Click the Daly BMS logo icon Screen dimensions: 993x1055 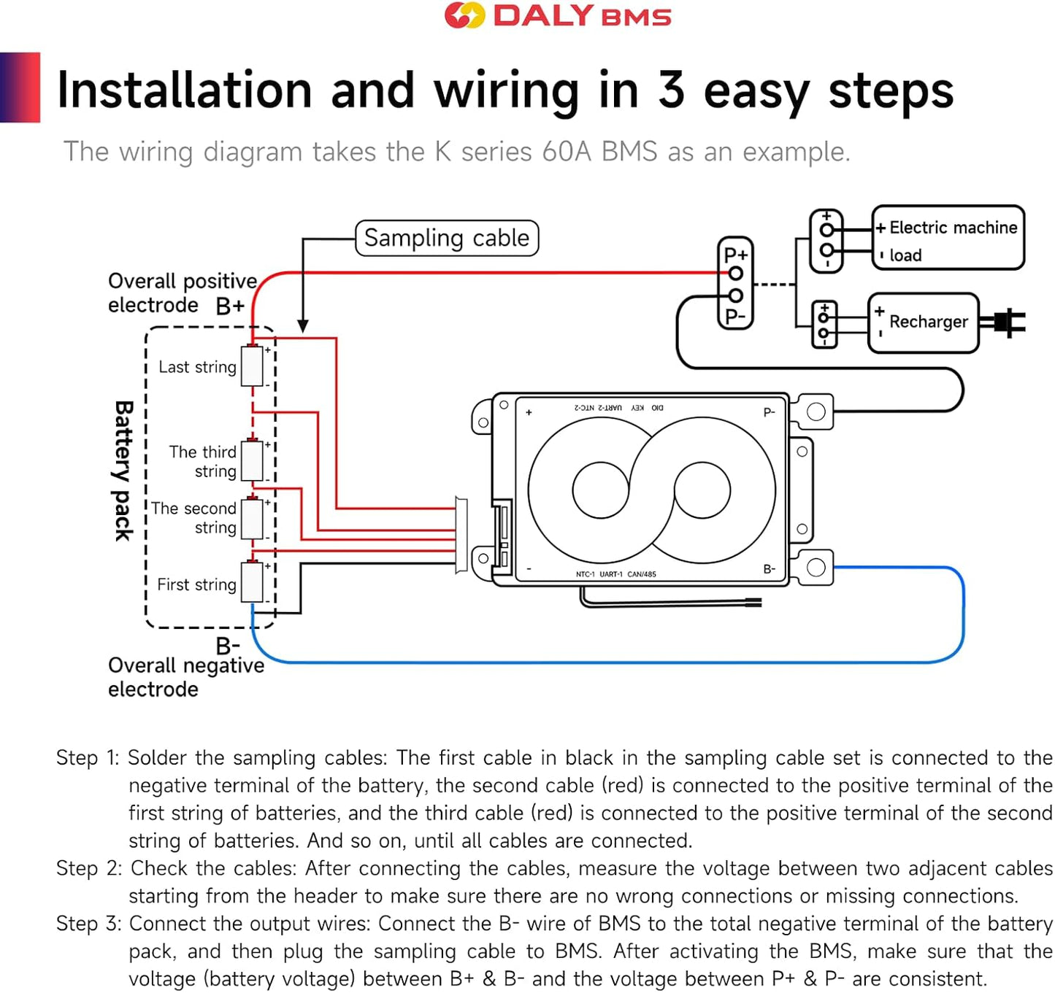[464, 15]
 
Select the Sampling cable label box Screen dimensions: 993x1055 [447, 239]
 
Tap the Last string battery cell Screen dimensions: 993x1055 [252, 366]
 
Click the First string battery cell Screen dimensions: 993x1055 [252, 582]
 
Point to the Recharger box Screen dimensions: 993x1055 [924, 322]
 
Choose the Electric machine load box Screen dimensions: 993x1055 [948, 238]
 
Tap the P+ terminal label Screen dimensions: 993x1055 [735, 255]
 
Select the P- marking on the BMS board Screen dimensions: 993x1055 [770, 413]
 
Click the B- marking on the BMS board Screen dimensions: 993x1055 [770, 569]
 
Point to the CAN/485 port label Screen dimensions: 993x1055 [642, 574]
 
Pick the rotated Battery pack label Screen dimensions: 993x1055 [123, 471]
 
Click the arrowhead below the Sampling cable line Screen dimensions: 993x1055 [303, 325]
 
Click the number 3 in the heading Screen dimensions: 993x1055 [671, 90]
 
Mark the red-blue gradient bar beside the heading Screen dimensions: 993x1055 [20, 87]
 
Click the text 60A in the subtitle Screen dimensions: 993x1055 [567, 152]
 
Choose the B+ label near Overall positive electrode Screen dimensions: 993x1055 [230, 306]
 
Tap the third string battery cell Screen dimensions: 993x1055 [252, 460]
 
